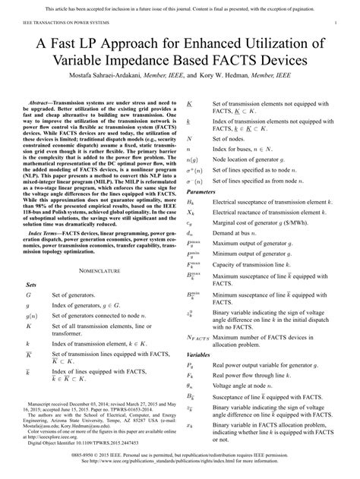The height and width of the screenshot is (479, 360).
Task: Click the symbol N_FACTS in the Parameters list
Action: point(198,336)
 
